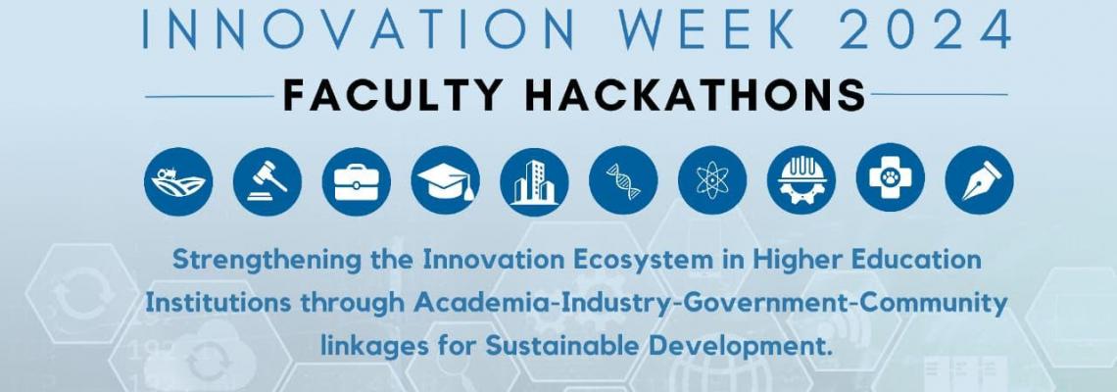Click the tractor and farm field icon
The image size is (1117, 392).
[178, 181]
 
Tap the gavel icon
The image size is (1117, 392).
[267, 181]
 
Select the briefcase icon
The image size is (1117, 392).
[357, 181]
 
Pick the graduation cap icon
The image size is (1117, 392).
[445, 181]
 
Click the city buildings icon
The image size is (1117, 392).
[534, 181]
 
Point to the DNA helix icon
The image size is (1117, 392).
[623, 181]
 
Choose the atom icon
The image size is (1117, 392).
[712, 181]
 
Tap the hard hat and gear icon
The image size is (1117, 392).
[801, 181]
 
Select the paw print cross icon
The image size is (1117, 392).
[891, 181]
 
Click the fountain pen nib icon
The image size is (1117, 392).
[980, 181]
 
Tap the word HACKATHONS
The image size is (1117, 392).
[696, 94]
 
